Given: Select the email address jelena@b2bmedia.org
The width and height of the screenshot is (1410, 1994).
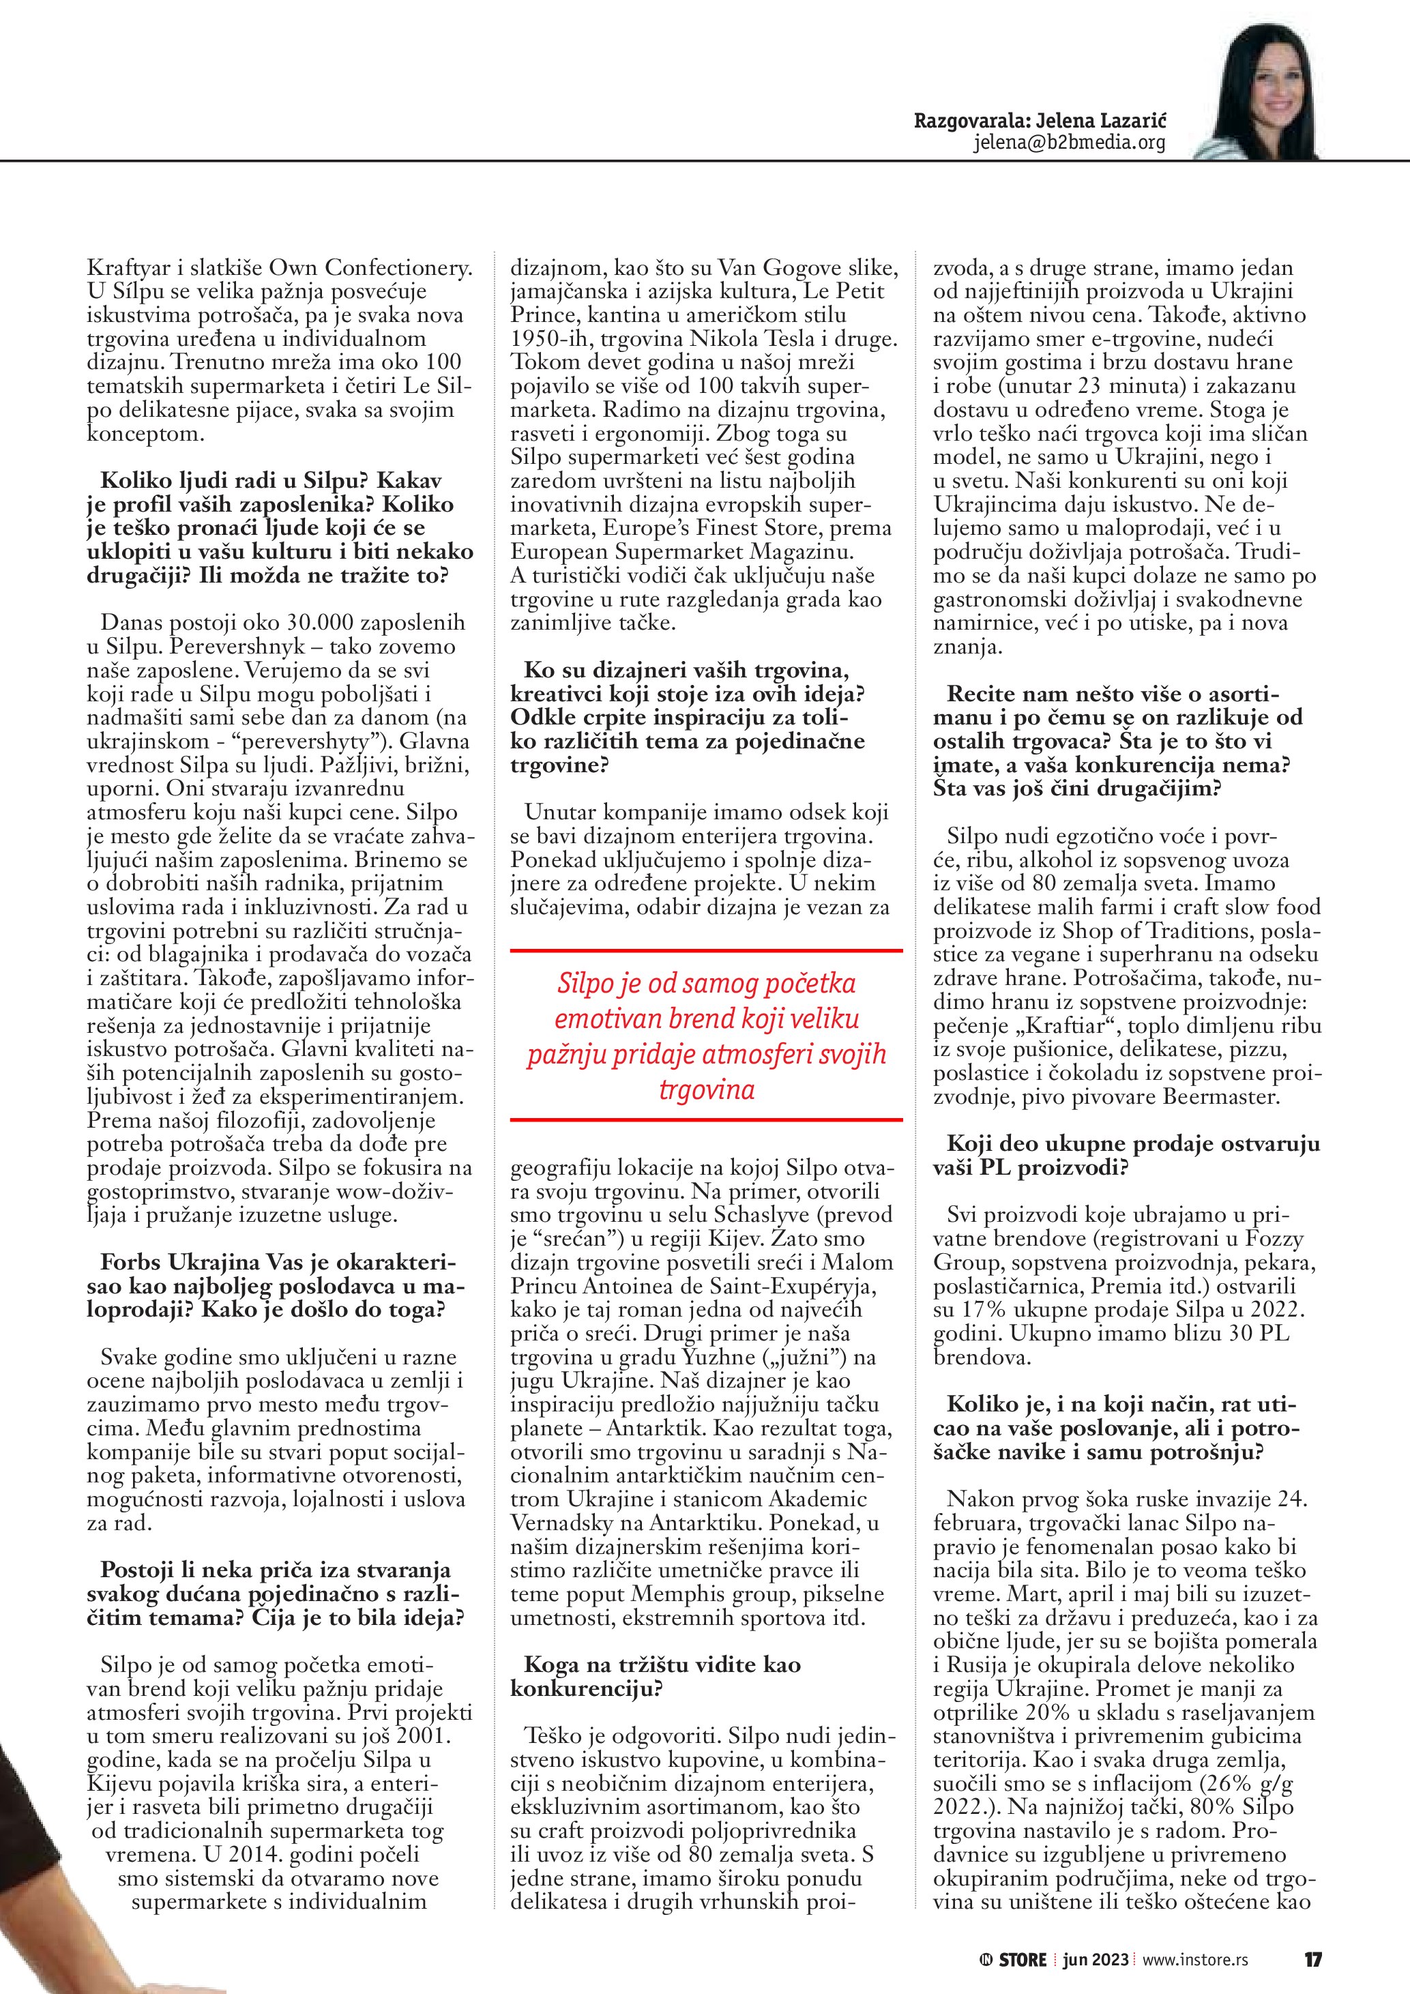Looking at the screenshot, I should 1069,143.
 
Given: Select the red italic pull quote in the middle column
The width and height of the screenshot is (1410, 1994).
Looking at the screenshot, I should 707,1036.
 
